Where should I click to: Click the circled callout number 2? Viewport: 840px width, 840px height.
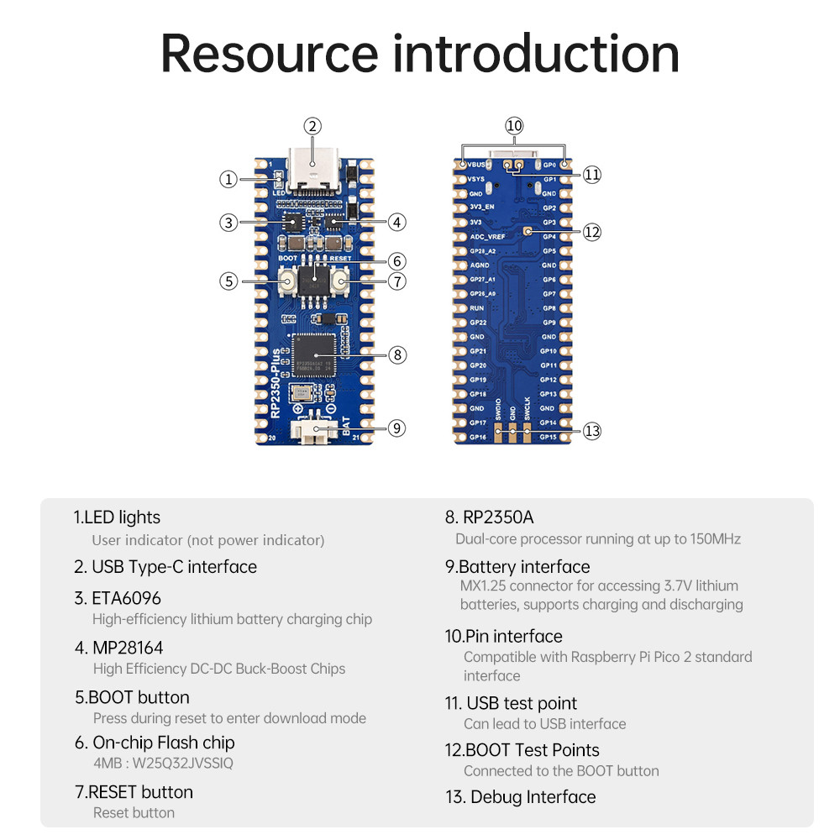(312, 126)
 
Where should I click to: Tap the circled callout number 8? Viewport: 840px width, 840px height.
(397, 354)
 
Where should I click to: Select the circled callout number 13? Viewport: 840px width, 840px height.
(592, 431)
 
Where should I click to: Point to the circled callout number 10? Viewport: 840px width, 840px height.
(514, 126)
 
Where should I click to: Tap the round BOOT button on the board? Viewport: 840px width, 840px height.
(286, 281)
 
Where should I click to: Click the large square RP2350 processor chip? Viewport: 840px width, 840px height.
(312, 356)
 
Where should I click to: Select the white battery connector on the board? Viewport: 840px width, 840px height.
(312, 431)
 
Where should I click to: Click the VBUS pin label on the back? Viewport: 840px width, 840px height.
(476, 165)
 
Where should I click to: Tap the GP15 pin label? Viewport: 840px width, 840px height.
(548, 438)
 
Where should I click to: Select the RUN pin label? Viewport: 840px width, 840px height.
(476, 308)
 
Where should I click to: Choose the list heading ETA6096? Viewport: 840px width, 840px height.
(126, 598)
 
